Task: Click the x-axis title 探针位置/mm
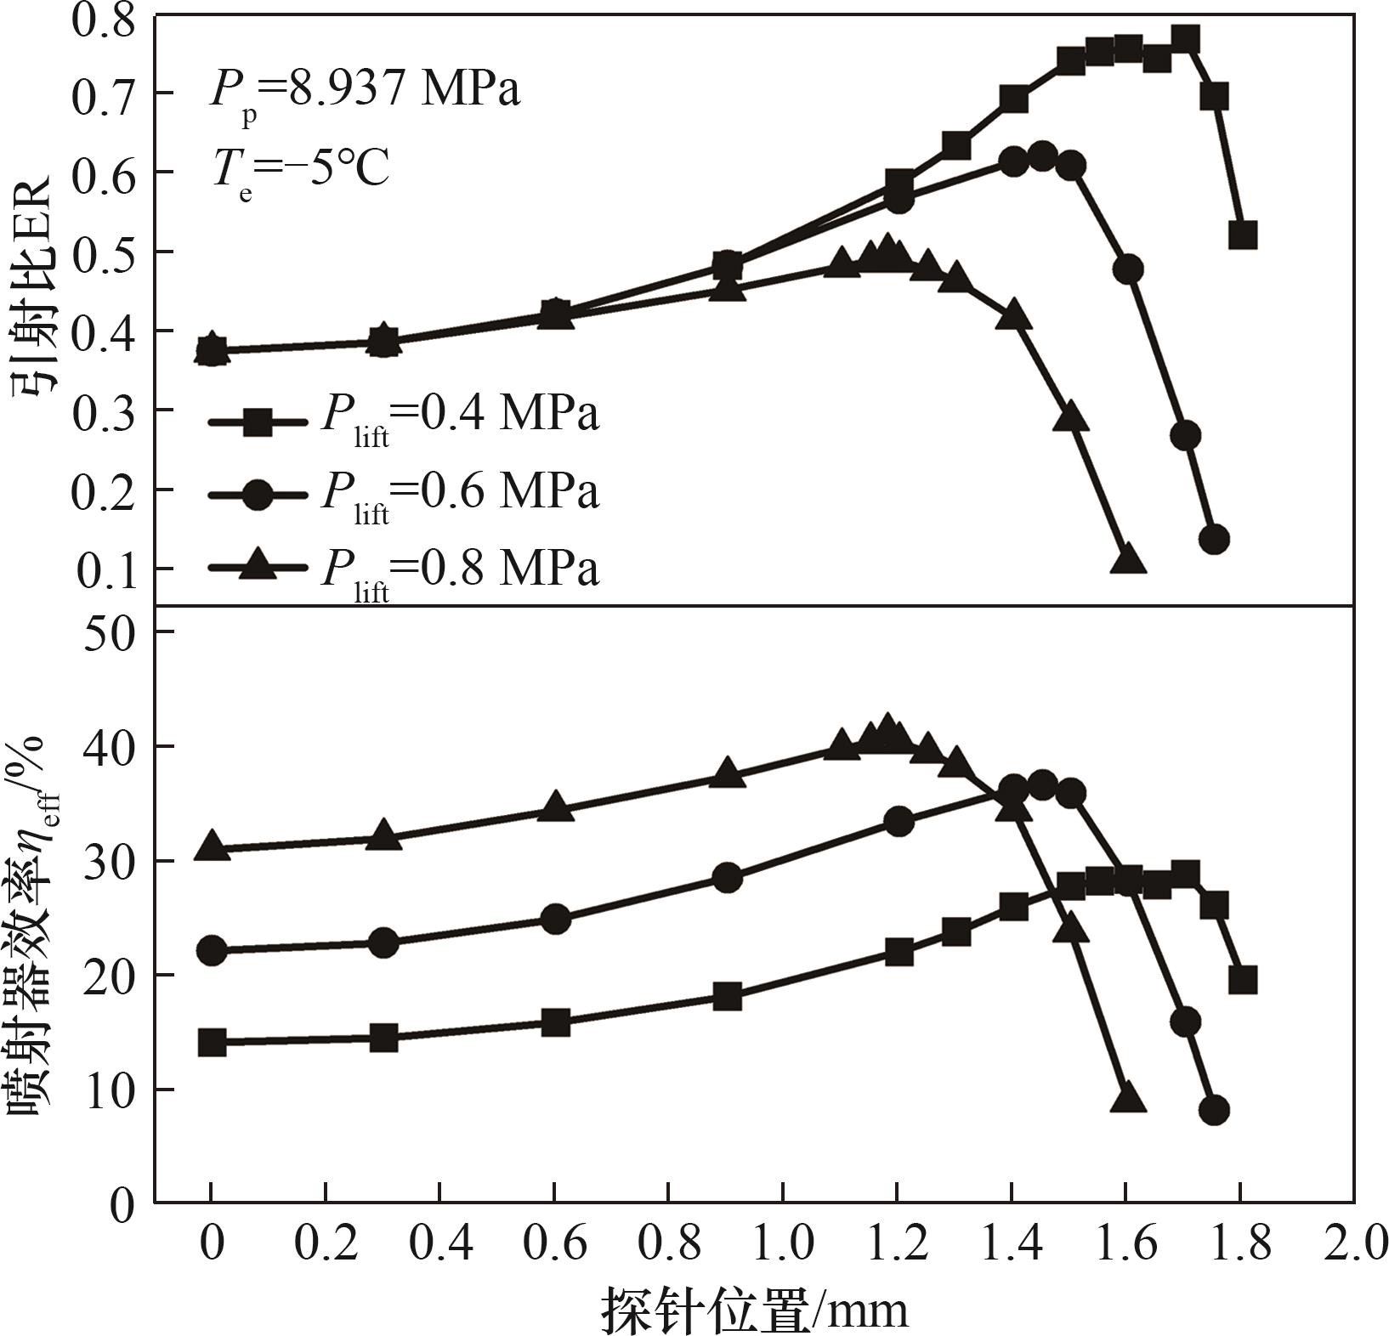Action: coord(755,1309)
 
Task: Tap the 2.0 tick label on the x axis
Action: coord(1355,1243)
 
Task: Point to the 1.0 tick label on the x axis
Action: coord(783,1243)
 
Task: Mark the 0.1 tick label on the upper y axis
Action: coord(105,570)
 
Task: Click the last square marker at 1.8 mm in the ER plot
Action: coord(1242,235)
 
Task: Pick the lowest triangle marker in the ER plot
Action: coord(1127,558)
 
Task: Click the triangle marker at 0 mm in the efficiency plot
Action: coord(212,846)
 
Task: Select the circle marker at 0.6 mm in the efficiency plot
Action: coord(555,919)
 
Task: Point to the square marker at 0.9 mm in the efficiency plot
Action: coord(727,995)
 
